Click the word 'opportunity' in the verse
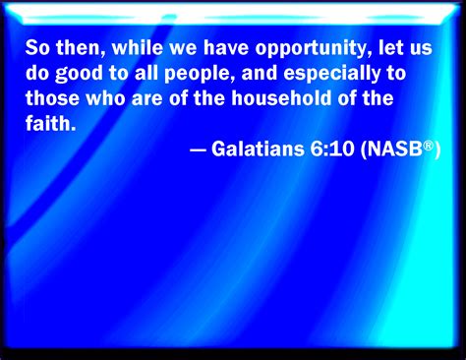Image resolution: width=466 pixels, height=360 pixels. tap(314, 49)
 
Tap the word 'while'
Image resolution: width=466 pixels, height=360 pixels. tap(138, 47)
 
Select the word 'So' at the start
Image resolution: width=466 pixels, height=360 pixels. tap(37, 47)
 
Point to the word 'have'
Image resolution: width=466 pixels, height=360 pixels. tap(226, 47)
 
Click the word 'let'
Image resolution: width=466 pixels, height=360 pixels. tap(390, 47)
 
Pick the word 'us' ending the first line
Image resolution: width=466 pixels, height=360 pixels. tap(421, 50)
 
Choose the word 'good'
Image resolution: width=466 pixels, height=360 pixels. tap(79, 74)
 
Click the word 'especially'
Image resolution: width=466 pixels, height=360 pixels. tap(332, 74)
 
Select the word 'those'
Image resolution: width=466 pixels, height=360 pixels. tap(52, 98)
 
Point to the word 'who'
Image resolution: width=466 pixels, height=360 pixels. tap(105, 98)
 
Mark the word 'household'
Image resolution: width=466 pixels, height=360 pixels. tap(281, 98)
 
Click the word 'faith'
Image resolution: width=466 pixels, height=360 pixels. tap(51, 124)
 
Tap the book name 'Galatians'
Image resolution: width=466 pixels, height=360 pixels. tap(258, 149)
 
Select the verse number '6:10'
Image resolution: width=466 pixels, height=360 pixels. tap(332, 149)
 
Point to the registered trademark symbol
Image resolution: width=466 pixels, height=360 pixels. tap(429, 146)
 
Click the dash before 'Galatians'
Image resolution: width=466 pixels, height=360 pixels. tap(198, 150)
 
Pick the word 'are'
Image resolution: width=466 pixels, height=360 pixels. tap(147, 100)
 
